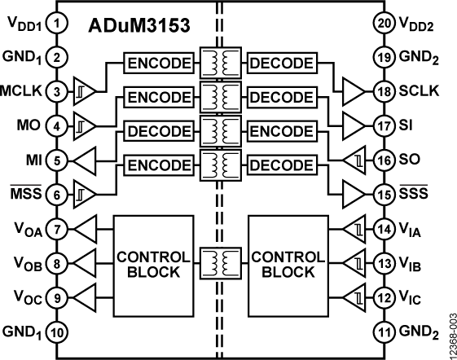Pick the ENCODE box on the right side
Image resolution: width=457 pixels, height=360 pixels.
(x=281, y=131)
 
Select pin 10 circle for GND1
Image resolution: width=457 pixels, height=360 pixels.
(x=56, y=331)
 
